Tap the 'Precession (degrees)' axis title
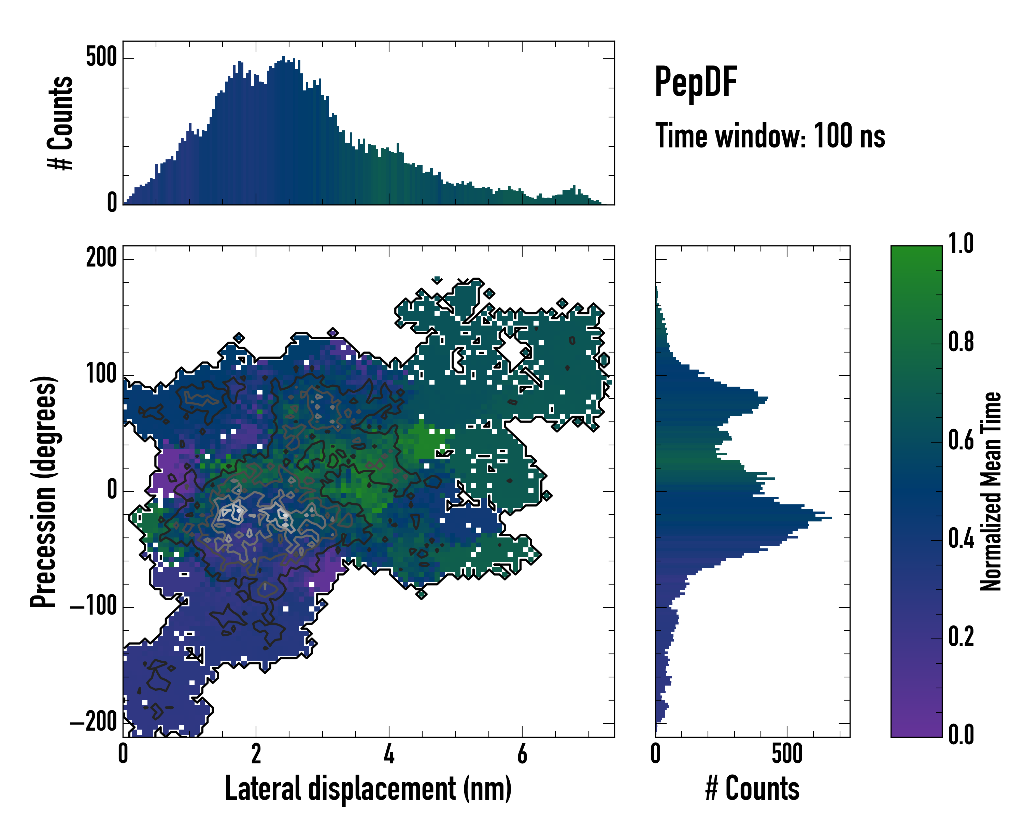pyautogui.click(x=44, y=491)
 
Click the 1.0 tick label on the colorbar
pyautogui.click(x=961, y=244)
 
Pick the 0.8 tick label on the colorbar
pyautogui.click(x=961, y=342)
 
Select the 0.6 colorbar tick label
pyautogui.click(x=961, y=440)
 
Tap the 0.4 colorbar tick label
pyautogui.click(x=961, y=538)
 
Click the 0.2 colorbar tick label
pyautogui.click(x=961, y=637)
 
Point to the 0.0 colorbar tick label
pyautogui.click(x=961, y=734)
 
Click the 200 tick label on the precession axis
pyautogui.click(x=101, y=259)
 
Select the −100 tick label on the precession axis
pyautogui.click(x=94, y=607)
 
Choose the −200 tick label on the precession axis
pyautogui.click(x=94, y=723)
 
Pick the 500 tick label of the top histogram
pyautogui.click(x=101, y=58)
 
